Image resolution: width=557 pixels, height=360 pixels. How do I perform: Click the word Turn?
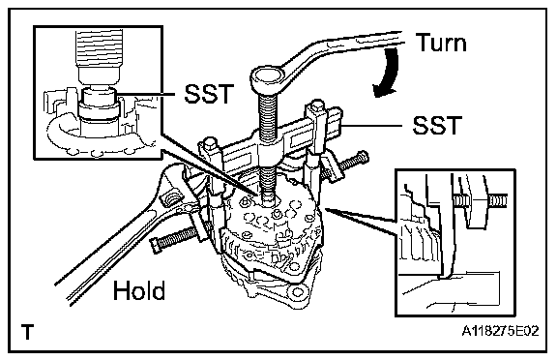441,43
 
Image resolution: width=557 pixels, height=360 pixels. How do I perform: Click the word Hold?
139,290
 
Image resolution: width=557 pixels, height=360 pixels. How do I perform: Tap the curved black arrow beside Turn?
387,73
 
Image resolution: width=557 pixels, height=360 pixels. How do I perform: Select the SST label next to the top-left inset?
209,94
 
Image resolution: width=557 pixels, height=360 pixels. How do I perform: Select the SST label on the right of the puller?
437,125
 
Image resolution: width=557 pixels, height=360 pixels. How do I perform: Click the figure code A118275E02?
500,331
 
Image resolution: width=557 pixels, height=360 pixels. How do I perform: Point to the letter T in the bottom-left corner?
27,332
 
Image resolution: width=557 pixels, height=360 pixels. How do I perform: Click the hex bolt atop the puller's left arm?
209,142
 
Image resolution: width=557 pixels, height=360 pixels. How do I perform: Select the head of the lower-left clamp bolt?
157,245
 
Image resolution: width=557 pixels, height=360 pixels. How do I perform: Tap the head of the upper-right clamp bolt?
363,157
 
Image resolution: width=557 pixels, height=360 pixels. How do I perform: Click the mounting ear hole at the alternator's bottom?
297,293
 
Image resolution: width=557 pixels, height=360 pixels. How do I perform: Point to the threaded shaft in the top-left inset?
99,48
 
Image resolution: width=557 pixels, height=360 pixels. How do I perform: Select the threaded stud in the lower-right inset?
480,200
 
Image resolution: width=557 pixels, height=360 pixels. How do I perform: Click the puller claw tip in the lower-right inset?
444,276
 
